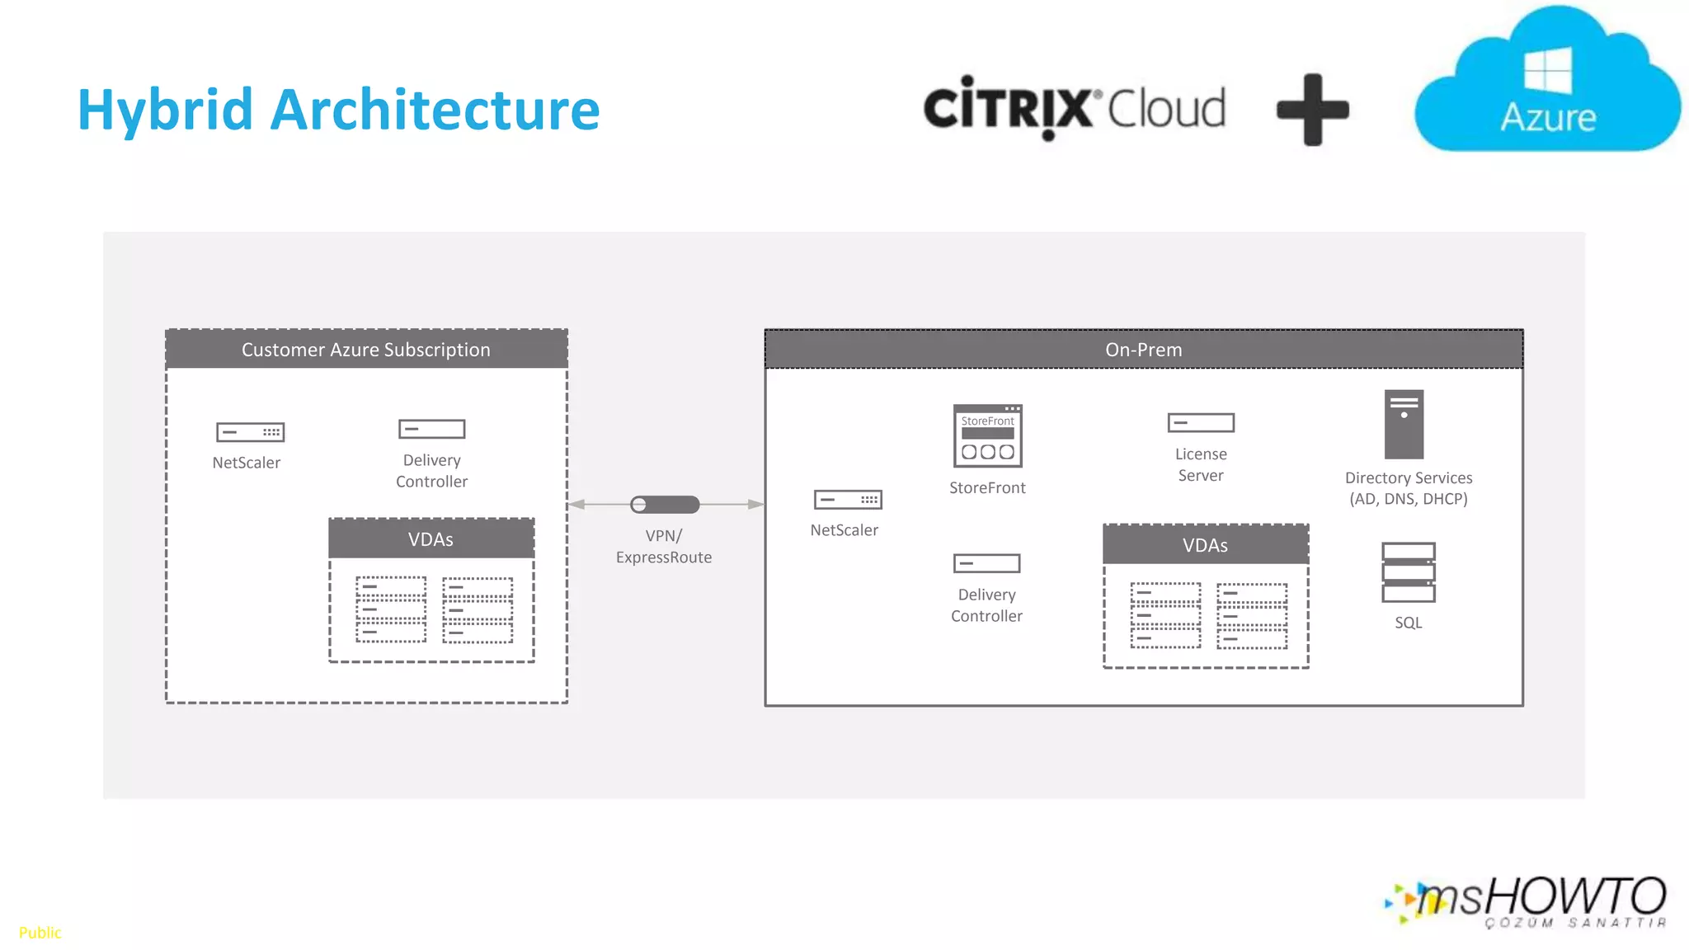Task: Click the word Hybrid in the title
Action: point(165,110)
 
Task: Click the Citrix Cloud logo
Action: point(1074,108)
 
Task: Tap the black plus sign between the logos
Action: point(1312,110)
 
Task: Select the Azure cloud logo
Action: point(1547,82)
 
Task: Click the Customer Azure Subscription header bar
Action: point(366,350)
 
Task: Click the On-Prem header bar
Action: point(1143,350)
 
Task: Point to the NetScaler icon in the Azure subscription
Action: point(250,432)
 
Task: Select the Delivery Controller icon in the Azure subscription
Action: point(431,429)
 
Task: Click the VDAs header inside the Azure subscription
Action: point(430,539)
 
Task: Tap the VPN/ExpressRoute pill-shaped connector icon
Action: point(665,504)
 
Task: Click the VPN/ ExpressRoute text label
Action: point(663,546)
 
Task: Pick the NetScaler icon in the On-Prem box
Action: point(848,500)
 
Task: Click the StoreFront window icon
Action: point(987,435)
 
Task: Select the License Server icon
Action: point(1201,423)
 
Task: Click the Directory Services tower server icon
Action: point(1404,424)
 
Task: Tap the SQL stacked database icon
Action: point(1408,572)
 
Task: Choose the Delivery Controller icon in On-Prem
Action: point(986,563)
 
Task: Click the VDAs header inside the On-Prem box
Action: point(1205,545)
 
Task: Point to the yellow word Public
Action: point(40,933)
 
